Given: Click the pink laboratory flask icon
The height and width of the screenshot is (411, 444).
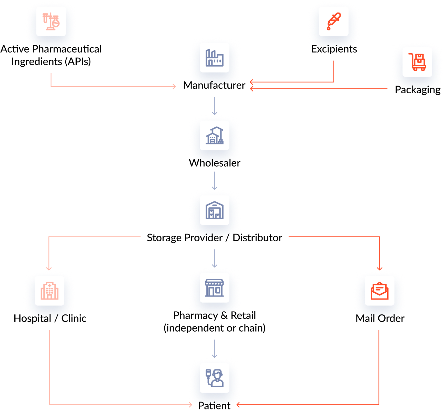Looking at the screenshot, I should tap(51, 22).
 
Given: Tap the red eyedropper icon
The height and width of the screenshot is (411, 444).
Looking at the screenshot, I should tap(334, 22).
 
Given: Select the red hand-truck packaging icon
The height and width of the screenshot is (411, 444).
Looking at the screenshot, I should tap(417, 62).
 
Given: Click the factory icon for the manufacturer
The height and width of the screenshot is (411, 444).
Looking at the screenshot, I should tap(215, 58).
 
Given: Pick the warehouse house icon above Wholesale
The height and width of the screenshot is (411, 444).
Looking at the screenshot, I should tap(215, 135).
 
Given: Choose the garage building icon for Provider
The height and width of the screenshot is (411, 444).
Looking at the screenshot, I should tap(215, 210).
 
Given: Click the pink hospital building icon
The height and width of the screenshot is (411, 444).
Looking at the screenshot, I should tap(49, 291).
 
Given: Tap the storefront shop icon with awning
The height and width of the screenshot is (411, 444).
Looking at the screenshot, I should tap(215, 288).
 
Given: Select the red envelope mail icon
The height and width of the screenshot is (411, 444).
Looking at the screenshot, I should tap(380, 291).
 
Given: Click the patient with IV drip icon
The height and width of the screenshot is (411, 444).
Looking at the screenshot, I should tap(215, 378).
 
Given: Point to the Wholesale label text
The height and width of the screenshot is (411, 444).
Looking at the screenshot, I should tap(215, 163).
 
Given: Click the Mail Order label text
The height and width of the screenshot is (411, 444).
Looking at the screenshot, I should tap(380, 318).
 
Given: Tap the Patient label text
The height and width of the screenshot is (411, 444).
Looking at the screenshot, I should tap(215, 405).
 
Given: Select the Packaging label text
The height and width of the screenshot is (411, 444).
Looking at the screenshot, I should tap(417, 89).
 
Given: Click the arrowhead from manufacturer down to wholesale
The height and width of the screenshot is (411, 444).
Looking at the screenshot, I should tap(215, 113).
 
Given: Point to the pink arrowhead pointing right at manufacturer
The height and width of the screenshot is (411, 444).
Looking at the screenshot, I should tap(174, 87).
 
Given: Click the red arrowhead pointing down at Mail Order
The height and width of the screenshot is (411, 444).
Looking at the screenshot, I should tap(380, 268).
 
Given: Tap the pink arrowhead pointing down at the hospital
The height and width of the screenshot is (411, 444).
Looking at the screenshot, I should tap(49, 268).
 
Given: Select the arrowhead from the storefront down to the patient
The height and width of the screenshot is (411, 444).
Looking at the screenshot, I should tap(215, 356).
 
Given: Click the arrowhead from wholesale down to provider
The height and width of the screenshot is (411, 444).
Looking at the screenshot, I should tap(215, 188).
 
